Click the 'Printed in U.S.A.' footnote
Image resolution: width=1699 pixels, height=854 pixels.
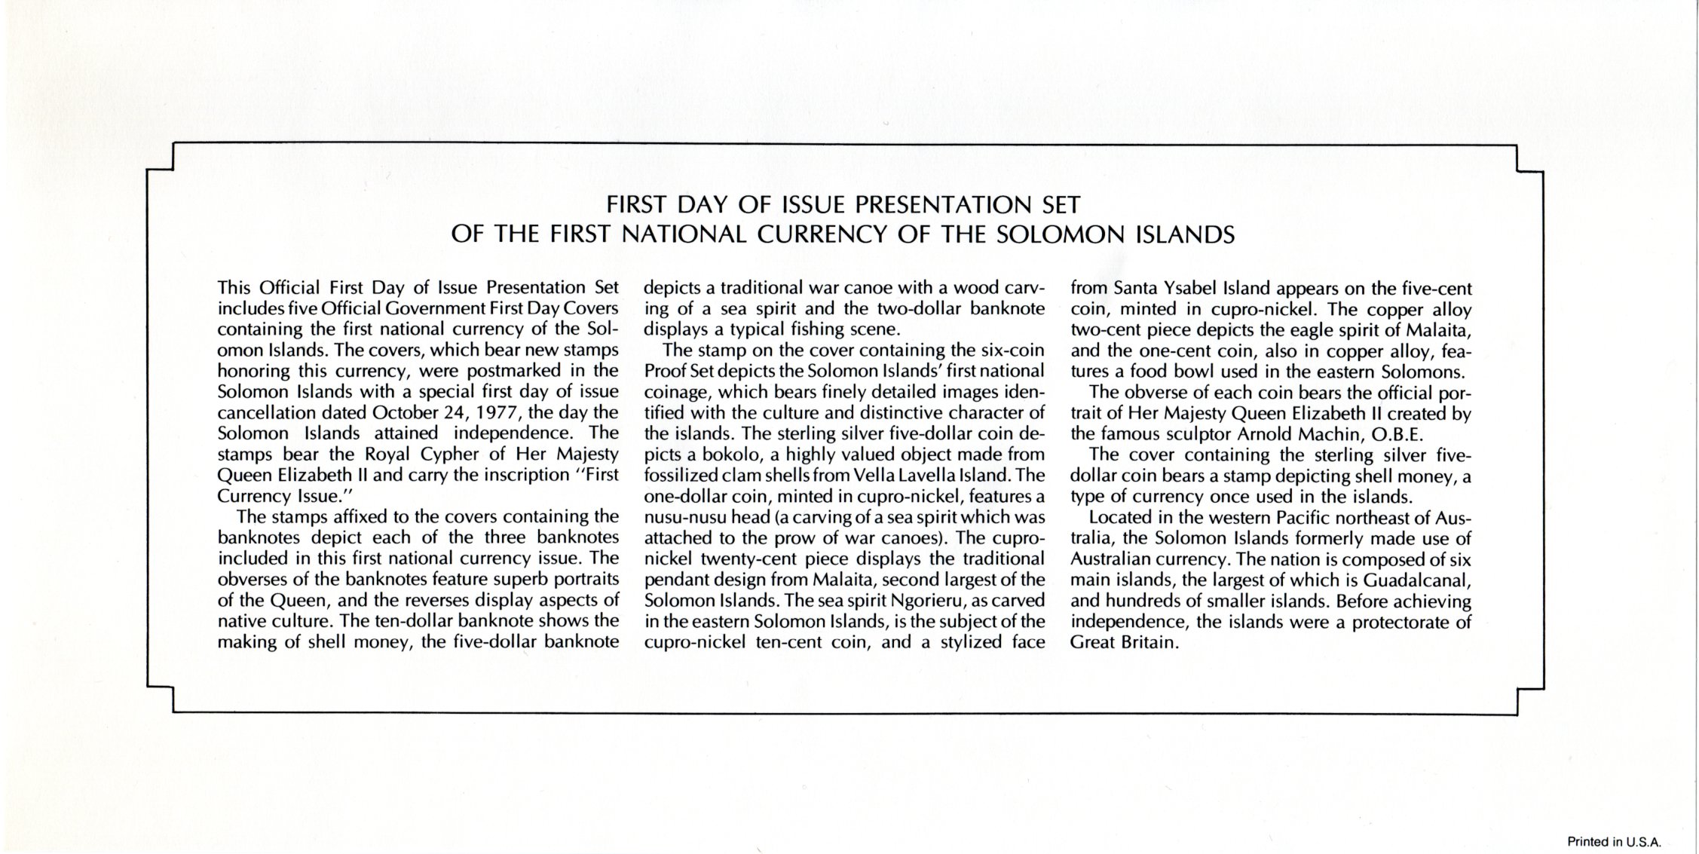click(1614, 843)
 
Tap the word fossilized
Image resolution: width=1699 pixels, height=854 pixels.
click(678, 476)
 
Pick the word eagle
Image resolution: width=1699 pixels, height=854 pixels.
click(1285, 330)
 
